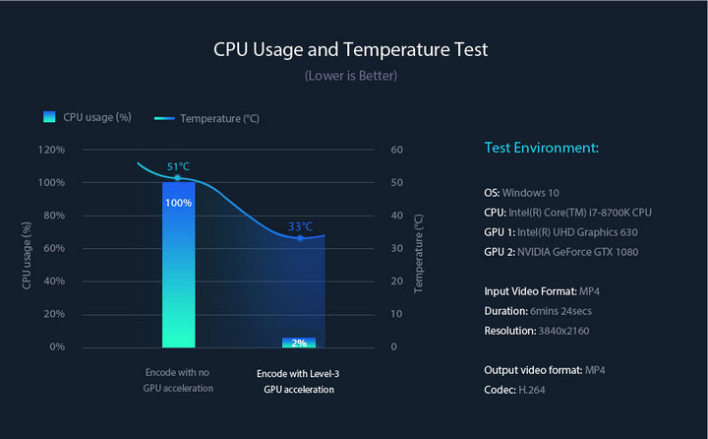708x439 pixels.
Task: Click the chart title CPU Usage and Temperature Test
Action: coord(350,49)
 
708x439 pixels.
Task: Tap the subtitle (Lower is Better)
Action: coord(350,76)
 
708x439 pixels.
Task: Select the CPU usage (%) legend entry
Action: coord(88,117)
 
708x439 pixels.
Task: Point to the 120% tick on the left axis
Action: coord(51,150)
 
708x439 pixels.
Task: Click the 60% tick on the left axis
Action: coord(53,248)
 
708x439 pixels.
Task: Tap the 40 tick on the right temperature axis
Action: coord(397,216)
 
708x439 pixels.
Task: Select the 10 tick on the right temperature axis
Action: coord(397,314)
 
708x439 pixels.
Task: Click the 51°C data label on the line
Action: coord(178,166)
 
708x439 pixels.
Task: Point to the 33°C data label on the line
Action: coord(300,226)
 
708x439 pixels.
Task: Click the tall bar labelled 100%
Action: coord(178,266)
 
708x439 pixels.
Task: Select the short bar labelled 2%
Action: coord(299,343)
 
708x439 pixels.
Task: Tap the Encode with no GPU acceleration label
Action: coord(178,381)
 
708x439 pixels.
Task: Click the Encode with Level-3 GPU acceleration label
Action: coord(298,381)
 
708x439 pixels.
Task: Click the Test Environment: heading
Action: coord(541,149)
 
